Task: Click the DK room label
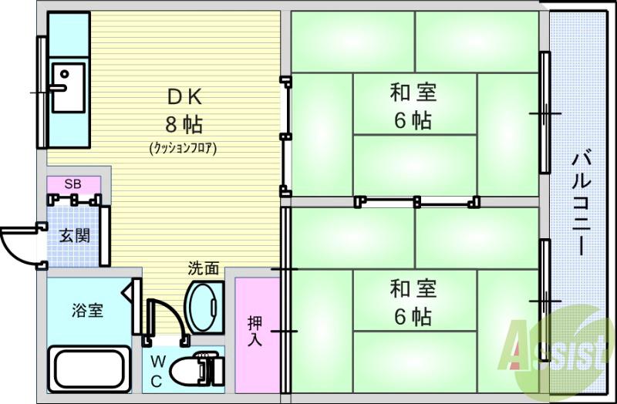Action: coord(184,96)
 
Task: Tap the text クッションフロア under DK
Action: coord(183,148)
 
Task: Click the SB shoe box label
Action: coord(72,183)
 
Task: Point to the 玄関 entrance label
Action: coord(76,234)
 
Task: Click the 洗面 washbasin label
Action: coord(204,268)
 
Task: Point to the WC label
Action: coord(157,371)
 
